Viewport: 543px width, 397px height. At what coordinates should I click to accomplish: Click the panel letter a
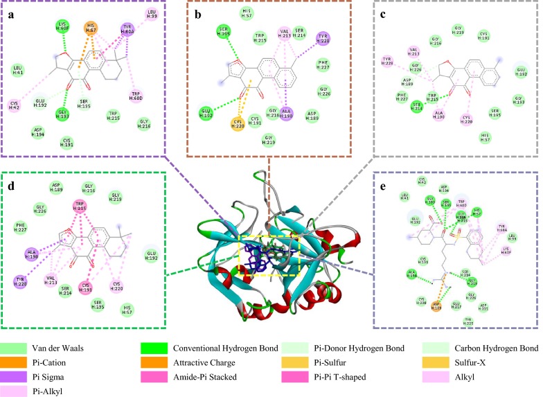pyautogui.click(x=11, y=11)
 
